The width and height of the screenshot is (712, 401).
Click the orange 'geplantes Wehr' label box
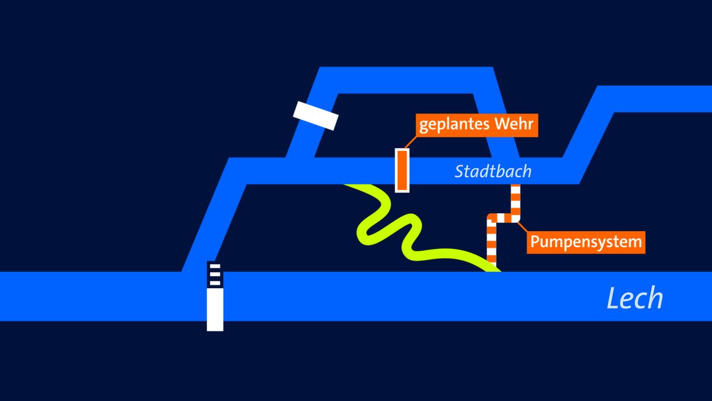click(476, 125)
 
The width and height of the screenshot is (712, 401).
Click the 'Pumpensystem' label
click(586, 242)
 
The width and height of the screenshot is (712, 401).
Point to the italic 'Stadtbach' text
click(492, 172)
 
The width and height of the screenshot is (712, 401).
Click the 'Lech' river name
click(634, 298)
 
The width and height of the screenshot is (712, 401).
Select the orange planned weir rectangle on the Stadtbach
click(402, 170)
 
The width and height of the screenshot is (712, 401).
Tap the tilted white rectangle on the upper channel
click(316, 115)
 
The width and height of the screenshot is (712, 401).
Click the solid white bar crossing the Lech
click(215, 309)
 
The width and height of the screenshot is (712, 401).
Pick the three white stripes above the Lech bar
click(215, 274)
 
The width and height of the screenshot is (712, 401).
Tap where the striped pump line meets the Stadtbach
click(516, 187)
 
